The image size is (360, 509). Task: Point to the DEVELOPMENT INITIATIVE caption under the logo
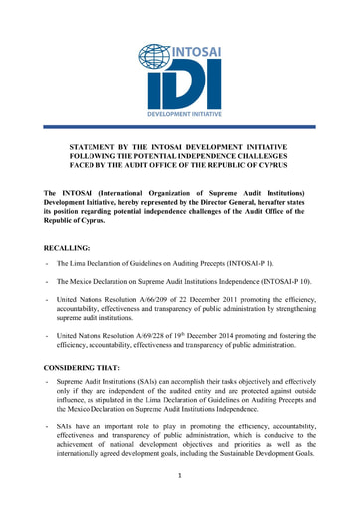coord(179,114)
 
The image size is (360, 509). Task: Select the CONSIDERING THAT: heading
coord(85,367)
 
